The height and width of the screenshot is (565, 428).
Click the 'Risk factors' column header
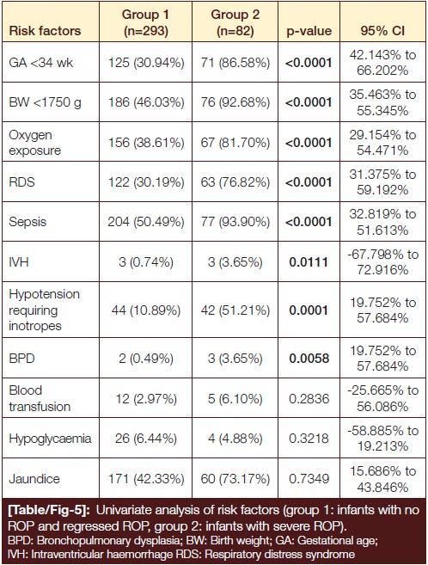pyautogui.click(x=45, y=31)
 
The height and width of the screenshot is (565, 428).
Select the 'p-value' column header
pyautogui.click(x=309, y=31)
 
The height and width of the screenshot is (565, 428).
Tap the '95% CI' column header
pyautogui.click(x=382, y=31)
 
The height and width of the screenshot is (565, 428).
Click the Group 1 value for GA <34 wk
pyautogui.click(x=146, y=63)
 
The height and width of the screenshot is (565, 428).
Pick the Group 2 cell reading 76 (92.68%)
pyautogui.click(x=235, y=102)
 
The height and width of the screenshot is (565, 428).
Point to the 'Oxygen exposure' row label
pyautogui.click(x=35, y=143)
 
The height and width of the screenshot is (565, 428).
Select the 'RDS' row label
pyautogui.click(x=22, y=182)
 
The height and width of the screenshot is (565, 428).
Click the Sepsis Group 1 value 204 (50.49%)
pyautogui.click(x=146, y=222)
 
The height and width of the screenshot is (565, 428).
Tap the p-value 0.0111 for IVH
pyautogui.click(x=309, y=262)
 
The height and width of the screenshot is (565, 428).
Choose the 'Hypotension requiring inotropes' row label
pyautogui.click(x=45, y=310)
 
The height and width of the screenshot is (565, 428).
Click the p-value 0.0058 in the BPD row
pyautogui.click(x=309, y=359)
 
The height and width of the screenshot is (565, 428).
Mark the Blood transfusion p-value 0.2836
pyautogui.click(x=309, y=398)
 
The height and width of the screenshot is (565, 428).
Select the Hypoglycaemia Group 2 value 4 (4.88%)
pyautogui.click(x=235, y=439)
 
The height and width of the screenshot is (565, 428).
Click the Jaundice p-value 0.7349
pyautogui.click(x=309, y=478)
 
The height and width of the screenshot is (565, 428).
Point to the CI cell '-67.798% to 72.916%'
pyautogui.click(x=382, y=262)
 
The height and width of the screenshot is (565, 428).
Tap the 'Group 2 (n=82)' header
pyautogui.click(x=235, y=22)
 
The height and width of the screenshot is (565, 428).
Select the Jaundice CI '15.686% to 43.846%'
pyautogui.click(x=382, y=479)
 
